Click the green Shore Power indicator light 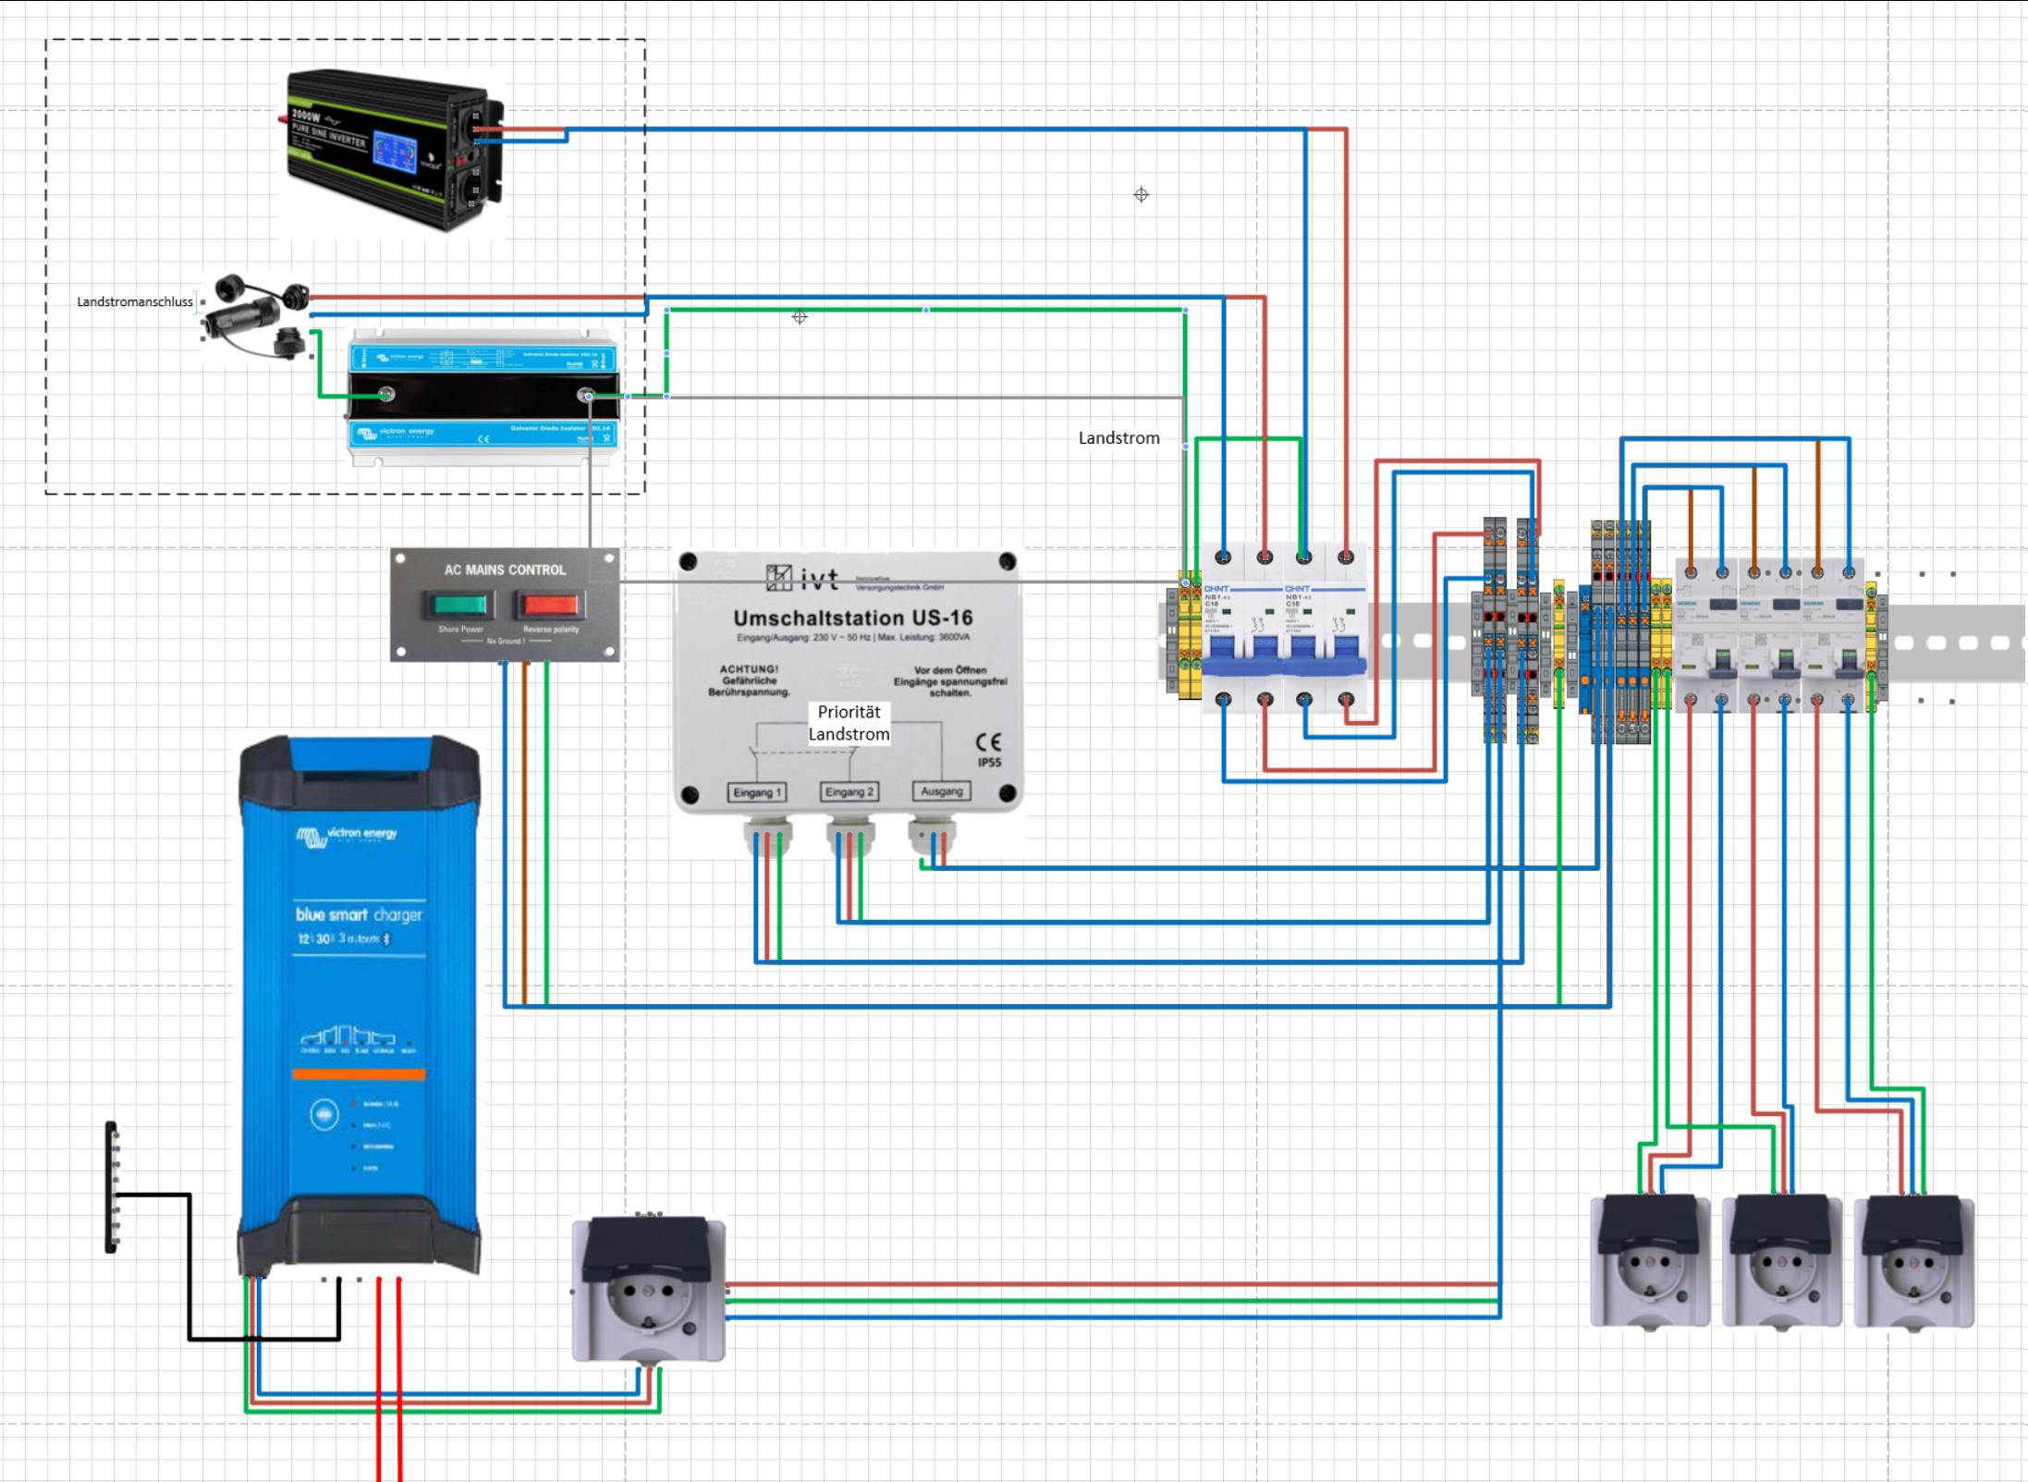459,606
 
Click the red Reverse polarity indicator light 550,606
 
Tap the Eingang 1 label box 757,792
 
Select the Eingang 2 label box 849,792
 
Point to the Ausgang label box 941,791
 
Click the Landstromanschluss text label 135,302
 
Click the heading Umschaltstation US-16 852,618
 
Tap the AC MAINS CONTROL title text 505,570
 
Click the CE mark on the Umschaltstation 988,742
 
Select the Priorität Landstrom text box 849,723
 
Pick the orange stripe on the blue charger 359,1074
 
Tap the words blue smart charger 359,914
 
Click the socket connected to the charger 648,1289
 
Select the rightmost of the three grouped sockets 1913,1262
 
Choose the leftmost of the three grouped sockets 1650,1262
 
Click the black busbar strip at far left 112,1187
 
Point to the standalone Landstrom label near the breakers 1118,438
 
